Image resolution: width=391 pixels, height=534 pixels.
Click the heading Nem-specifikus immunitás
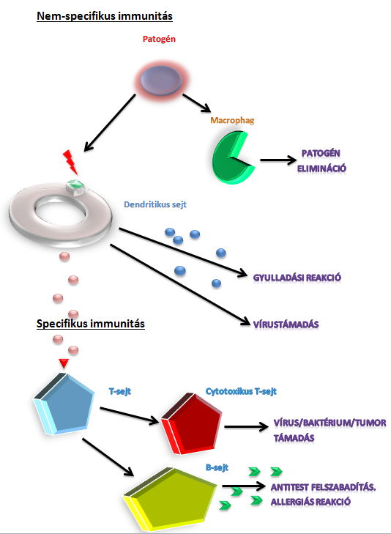coord(105,16)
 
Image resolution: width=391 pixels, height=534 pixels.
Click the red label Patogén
coord(159,39)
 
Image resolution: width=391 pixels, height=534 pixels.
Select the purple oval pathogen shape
coord(161,81)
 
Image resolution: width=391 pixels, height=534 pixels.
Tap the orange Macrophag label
coord(232,120)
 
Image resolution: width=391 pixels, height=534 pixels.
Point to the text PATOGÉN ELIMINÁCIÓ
coord(321,160)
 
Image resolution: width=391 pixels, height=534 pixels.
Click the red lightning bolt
coord(70,163)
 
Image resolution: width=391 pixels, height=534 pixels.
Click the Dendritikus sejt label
coord(154,204)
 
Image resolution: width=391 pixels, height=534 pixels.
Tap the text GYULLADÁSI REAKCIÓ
coord(297,278)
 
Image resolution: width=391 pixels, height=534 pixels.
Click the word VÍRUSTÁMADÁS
coord(286,325)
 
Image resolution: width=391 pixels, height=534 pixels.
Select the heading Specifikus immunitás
coord(91,324)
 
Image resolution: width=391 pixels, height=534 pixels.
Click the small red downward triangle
coord(64,363)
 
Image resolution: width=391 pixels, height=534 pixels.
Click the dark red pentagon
coord(193,423)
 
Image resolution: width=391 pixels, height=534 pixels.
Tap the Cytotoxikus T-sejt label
coord(241,391)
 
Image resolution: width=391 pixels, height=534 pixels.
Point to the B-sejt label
coord(217,467)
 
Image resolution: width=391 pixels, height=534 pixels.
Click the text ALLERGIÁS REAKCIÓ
coord(310,502)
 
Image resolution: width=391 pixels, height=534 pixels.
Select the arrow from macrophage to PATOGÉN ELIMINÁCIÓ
coord(278,160)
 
